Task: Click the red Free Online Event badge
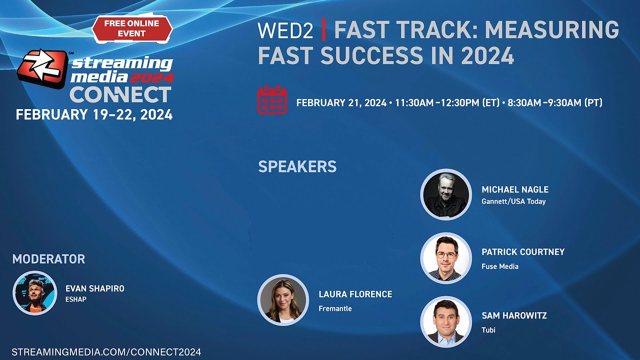pyautogui.click(x=132, y=28)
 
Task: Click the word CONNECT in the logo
pyautogui.click(x=120, y=94)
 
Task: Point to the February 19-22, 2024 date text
pyautogui.click(x=94, y=114)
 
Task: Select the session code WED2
pyautogui.click(x=285, y=31)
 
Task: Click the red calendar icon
pyautogui.click(x=272, y=100)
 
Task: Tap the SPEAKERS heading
pyautogui.click(x=297, y=166)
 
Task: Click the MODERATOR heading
pyautogui.click(x=48, y=259)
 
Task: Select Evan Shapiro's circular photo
pyautogui.click(x=35, y=293)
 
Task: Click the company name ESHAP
pyautogui.click(x=76, y=299)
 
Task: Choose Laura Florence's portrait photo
pyautogui.click(x=283, y=300)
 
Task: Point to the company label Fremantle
pyautogui.click(x=335, y=308)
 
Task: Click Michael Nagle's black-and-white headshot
pyautogui.click(x=445, y=194)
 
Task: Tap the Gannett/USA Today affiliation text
pyautogui.click(x=513, y=201)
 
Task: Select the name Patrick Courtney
pyautogui.click(x=523, y=252)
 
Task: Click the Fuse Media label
pyautogui.click(x=499, y=266)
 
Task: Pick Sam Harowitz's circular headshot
pyautogui.click(x=445, y=321)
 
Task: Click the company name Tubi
pyautogui.click(x=488, y=330)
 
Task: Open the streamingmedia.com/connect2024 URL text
pyautogui.click(x=106, y=352)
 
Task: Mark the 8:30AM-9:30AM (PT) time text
pyautogui.click(x=554, y=103)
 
